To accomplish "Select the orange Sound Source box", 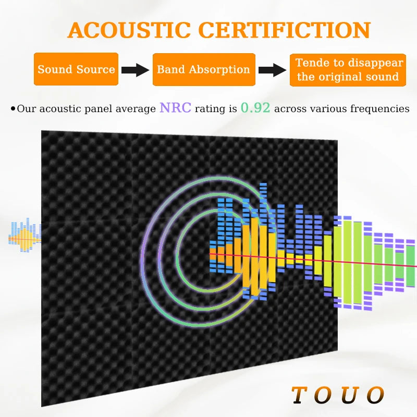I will [x=76, y=69].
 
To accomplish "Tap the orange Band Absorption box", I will [x=203, y=69].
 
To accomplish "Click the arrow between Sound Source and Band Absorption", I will [x=135, y=70].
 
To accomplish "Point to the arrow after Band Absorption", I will [x=272, y=70].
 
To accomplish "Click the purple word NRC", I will [x=175, y=108].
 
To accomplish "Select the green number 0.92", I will [x=255, y=108].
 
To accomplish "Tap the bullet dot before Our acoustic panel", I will [x=13, y=109].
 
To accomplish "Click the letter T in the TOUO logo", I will [x=298, y=395].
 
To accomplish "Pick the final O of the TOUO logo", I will [x=375, y=395].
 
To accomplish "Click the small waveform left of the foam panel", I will [x=24, y=237].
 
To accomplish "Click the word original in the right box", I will [x=345, y=77].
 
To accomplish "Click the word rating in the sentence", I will [x=210, y=109].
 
